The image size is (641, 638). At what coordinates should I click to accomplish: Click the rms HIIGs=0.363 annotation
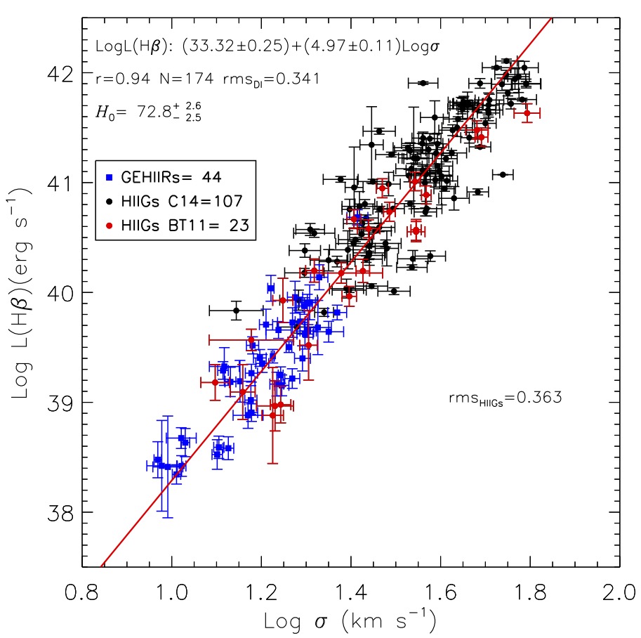pyautogui.click(x=505, y=398)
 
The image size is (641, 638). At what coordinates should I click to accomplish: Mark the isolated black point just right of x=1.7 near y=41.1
pyautogui.click(x=503, y=174)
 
